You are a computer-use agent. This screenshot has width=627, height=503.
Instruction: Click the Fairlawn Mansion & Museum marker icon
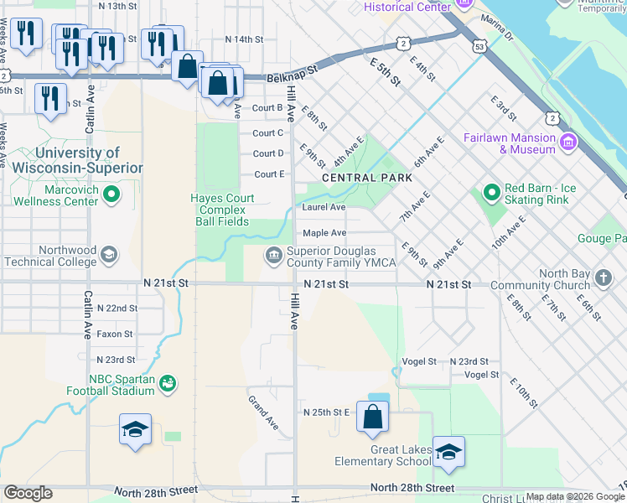(x=569, y=142)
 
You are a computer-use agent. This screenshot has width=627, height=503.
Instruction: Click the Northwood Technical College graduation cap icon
(x=108, y=255)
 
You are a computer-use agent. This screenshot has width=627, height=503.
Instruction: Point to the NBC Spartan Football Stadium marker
(x=168, y=383)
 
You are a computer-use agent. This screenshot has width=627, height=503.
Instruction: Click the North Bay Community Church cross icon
(x=604, y=277)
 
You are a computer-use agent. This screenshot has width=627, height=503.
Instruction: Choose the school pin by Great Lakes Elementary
(x=448, y=452)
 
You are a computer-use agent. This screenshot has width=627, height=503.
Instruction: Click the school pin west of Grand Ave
(x=135, y=430)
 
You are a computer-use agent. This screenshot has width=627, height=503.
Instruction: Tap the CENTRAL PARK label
(x=367, y=178)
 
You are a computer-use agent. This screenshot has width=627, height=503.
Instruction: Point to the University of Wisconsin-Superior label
(x=77, y=160)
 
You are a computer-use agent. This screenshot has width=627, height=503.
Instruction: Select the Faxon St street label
(x=115, y=334)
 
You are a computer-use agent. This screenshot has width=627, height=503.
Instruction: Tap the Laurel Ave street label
(x=324, y=207)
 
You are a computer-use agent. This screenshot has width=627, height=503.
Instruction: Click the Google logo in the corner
(x=28, y=493)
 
